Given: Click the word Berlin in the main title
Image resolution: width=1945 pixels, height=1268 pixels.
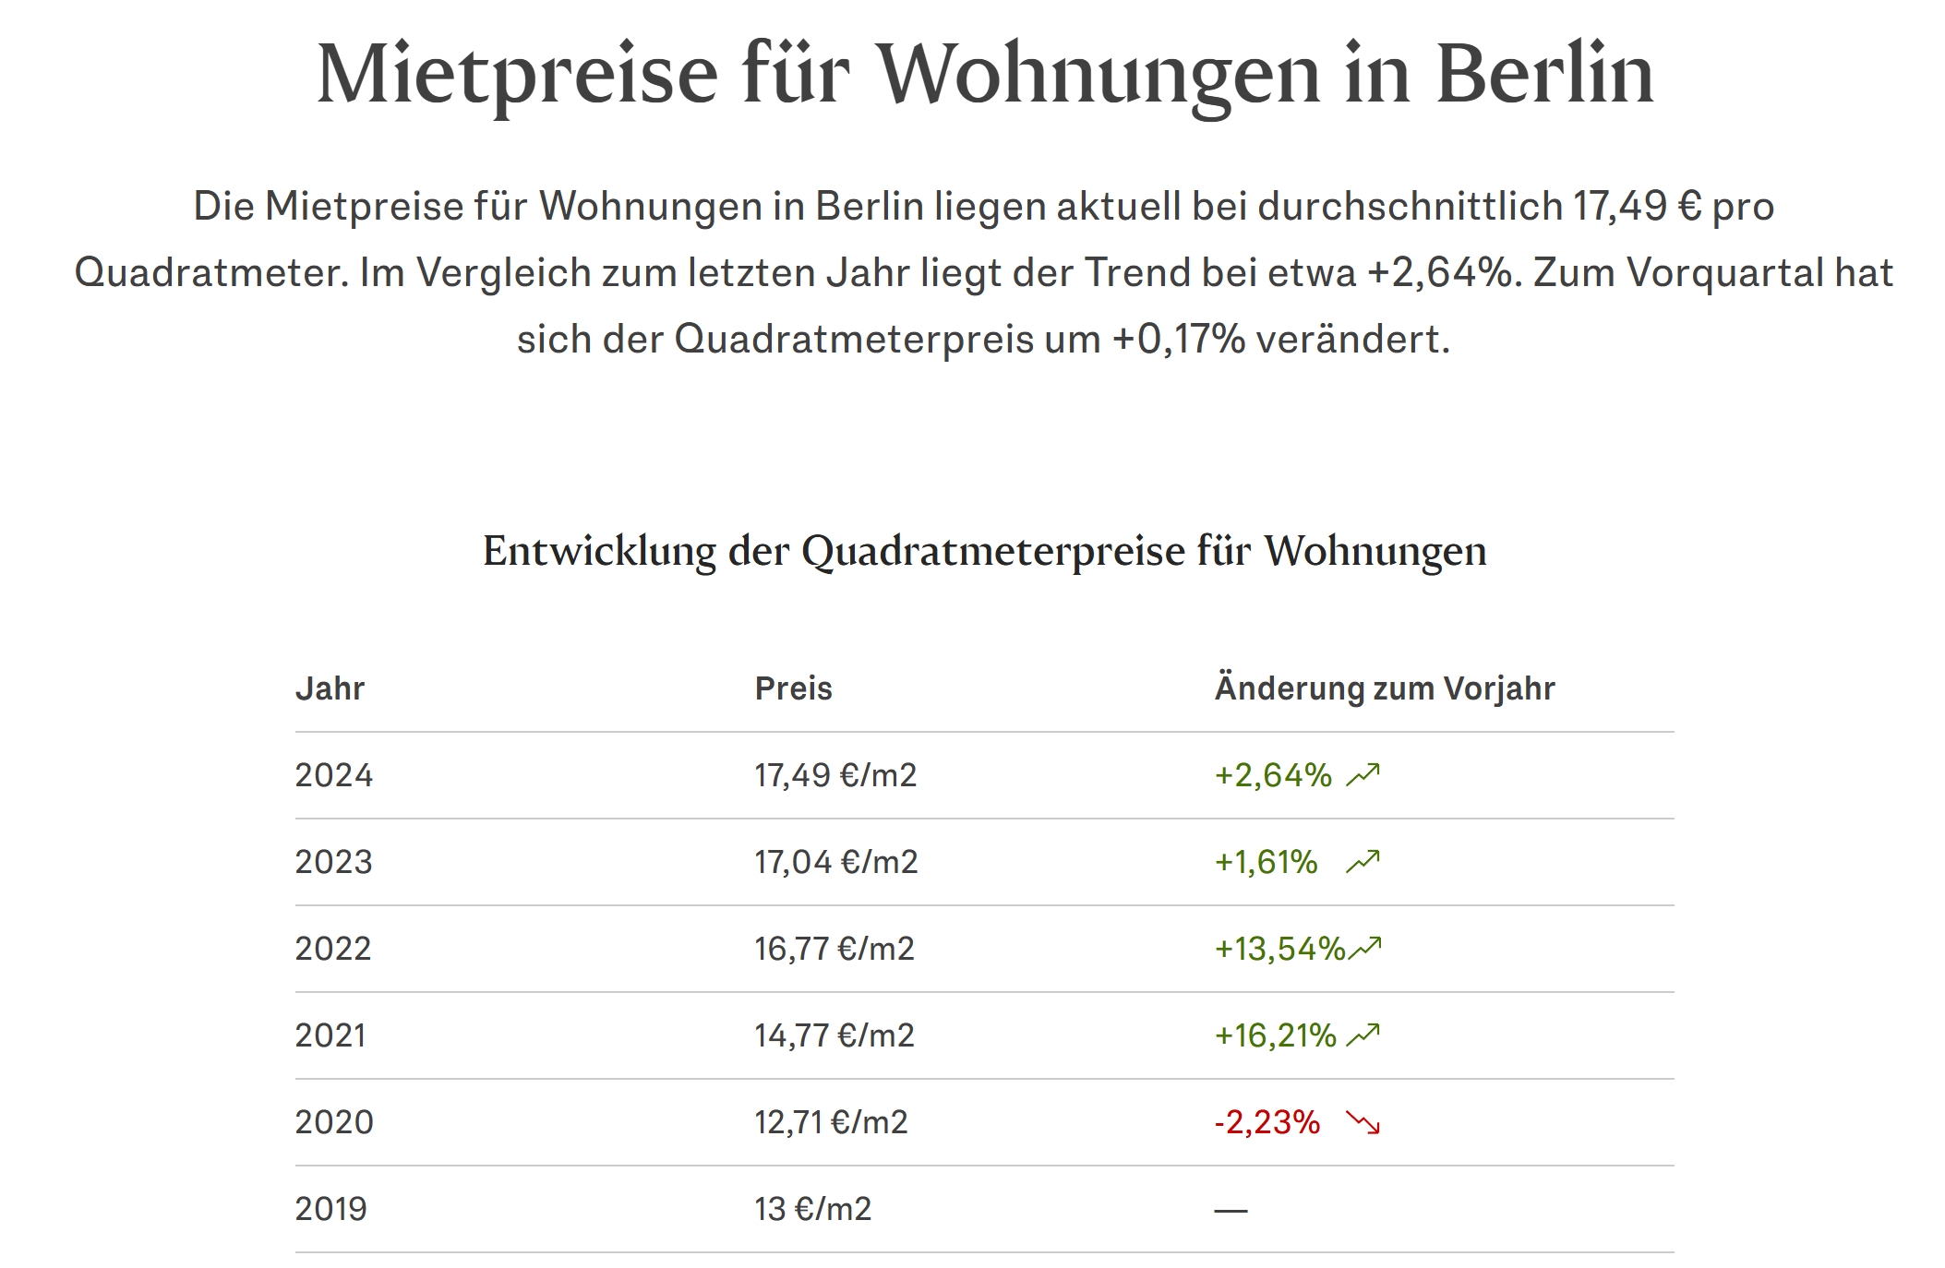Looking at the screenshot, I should tap(1543, 74).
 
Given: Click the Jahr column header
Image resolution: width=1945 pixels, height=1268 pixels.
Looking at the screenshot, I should tap(330, 688).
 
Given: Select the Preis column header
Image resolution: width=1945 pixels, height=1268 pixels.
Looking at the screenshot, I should tap(793, 688).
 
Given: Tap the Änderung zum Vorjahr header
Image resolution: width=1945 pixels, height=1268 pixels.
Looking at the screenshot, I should tap(1384, 688).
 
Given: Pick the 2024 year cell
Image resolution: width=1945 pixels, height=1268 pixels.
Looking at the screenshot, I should tap(333, 775).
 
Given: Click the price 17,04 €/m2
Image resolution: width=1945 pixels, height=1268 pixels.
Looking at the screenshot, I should tap(835, 862).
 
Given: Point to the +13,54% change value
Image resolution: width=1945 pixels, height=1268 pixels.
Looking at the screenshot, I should tap(1279, 949).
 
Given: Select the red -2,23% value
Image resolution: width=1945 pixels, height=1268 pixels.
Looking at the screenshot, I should tap(1267, 1122).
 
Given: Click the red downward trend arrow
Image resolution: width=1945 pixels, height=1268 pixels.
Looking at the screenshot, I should tap(1363, 1122).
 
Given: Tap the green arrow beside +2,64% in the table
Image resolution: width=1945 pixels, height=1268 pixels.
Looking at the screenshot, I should tap(1363, 775).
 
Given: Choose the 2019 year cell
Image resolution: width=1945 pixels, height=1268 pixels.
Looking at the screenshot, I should tap(330, 1209).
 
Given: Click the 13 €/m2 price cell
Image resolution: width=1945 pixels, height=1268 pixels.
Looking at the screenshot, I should tap(812, 1209).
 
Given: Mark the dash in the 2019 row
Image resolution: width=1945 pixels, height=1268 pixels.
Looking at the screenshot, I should tap(1230, 1210).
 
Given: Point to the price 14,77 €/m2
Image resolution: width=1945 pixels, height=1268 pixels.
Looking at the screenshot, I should tap(834, 1035).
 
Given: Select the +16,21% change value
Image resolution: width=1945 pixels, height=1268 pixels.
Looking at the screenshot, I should tap(1275, 1035).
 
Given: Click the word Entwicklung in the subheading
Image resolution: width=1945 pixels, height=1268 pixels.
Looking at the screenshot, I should tap(599, 552).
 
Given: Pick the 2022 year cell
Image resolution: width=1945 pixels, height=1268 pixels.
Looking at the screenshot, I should tap(332, 949).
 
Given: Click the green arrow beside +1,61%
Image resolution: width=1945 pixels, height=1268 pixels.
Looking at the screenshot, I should tap(1363, 862).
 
